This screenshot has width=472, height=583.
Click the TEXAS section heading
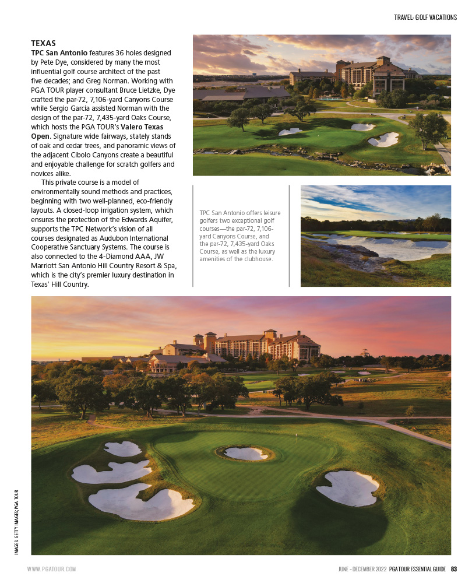click(x=43, y=43)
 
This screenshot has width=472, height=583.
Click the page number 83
click(x=454, y=568)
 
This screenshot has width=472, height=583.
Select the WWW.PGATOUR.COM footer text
click(x=52, y=568)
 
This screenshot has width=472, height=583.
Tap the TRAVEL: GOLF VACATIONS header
click(x=425, y=17)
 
